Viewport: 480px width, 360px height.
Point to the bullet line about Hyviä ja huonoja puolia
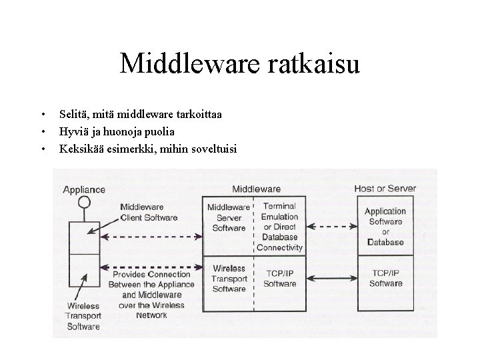coord(116,131)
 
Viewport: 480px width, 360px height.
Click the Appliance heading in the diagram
coord(83,189)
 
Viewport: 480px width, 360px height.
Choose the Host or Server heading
coord(385,189)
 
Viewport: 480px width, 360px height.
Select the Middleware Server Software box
coord(229,218)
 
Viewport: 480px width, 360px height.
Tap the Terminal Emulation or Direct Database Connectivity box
coord(280,227)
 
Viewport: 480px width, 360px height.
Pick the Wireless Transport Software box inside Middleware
coord(229,279)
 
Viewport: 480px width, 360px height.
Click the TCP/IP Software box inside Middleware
coord(280,279)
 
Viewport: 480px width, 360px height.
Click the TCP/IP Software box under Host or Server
coord(385,279)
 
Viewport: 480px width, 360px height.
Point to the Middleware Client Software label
coord(149,212)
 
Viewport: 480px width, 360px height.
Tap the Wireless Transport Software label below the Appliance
coord(83,317)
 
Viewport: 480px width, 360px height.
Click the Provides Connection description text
coord(152,294)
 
